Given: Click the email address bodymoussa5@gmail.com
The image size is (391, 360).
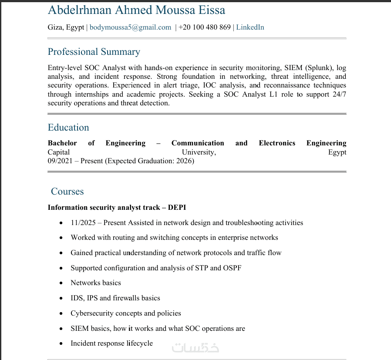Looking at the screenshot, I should [130, 27].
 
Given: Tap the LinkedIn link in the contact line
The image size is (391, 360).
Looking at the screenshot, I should [250, 27].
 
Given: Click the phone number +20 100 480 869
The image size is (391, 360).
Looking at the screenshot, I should [204, 27].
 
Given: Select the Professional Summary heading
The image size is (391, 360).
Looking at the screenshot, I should [94, 52].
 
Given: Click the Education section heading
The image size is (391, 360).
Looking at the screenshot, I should [68, 128].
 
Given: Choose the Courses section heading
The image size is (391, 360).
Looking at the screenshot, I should [67, 192].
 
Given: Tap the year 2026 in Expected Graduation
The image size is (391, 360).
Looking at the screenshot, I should [184, 161].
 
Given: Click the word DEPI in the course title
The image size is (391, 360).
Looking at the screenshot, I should [177, 207].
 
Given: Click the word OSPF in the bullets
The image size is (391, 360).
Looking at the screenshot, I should [232, 268].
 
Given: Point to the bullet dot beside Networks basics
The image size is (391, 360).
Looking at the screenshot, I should [61, 283].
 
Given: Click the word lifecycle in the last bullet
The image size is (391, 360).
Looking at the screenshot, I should [140, 343].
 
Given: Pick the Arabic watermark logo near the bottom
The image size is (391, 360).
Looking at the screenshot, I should [195, 347].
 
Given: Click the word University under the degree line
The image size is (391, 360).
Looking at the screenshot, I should [199, 152].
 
